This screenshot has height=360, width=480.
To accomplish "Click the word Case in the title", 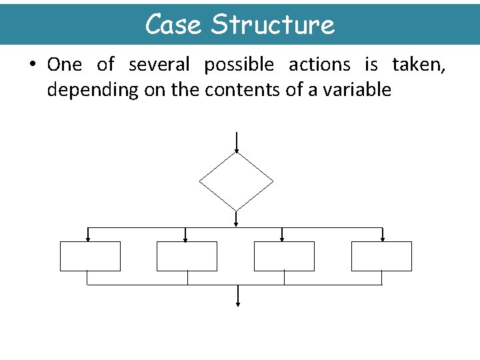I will point(174,25).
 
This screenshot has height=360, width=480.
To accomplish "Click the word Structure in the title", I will point(272,25).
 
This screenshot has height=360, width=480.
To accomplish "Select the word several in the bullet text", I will point(159,65).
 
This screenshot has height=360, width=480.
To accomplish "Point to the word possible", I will point(239,65).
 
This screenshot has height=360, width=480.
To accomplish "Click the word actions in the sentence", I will point(319,65).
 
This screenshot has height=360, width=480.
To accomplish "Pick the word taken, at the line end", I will point(419,65).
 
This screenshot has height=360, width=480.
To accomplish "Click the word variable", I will point(357,90).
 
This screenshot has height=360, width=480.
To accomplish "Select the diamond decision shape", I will point(237,181).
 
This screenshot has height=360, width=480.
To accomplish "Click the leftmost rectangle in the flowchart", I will point(90,256).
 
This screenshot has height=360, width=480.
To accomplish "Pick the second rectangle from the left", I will point(187,256).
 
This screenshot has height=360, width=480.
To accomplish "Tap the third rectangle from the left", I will point(284,256).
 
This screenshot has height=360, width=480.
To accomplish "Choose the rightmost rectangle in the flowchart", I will point(381,256).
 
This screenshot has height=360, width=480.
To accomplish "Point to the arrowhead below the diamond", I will point(237,223).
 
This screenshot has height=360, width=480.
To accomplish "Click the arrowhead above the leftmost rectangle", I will point(88,238).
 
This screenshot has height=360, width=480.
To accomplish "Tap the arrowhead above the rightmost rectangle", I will point(382,238).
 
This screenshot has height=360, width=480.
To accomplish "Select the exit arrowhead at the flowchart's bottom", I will point(238,303).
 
